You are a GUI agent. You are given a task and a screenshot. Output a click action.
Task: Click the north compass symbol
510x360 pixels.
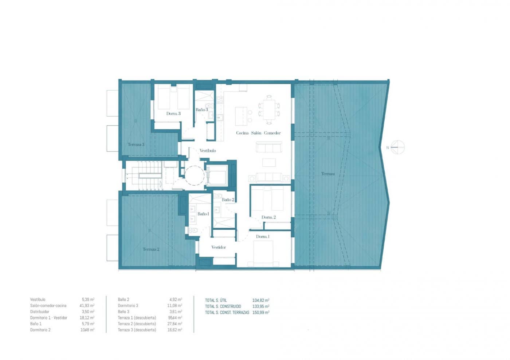pos(397,147)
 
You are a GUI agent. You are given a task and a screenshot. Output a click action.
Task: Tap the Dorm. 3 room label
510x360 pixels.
pos(173,114)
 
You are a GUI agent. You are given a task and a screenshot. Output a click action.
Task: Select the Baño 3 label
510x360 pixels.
pos(202,110)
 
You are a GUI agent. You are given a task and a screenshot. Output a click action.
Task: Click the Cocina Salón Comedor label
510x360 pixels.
pos(258,133)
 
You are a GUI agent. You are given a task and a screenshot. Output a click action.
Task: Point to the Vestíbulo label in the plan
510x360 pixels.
pos(208,150)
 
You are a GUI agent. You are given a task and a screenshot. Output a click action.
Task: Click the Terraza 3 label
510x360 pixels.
pos(136,145)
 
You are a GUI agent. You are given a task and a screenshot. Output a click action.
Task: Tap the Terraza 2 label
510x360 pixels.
pos(151,249)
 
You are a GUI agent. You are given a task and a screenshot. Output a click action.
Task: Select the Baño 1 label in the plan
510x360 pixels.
pos(203,214)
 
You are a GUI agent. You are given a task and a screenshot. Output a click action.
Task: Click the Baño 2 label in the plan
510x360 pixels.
pos(228,199)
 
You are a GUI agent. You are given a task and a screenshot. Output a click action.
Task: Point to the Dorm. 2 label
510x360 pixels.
pos(268,217)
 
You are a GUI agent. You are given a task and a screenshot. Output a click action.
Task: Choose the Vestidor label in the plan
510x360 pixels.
pos(219,247)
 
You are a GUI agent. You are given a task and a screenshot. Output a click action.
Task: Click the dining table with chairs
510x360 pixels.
pos(269,110)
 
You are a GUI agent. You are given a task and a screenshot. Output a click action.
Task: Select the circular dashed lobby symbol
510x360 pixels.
pos(194,175)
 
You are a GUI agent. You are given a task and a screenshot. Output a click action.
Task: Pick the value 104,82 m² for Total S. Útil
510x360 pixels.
pos(260,300)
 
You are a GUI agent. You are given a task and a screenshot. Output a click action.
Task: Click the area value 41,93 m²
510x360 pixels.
pos(87,306)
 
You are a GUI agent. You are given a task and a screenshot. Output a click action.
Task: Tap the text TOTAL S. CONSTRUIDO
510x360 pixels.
pos(223,306)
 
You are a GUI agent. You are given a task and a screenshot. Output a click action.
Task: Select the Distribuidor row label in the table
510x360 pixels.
pos(40,312)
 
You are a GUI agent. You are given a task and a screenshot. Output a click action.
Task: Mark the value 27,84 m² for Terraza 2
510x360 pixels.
pos(175,324)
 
